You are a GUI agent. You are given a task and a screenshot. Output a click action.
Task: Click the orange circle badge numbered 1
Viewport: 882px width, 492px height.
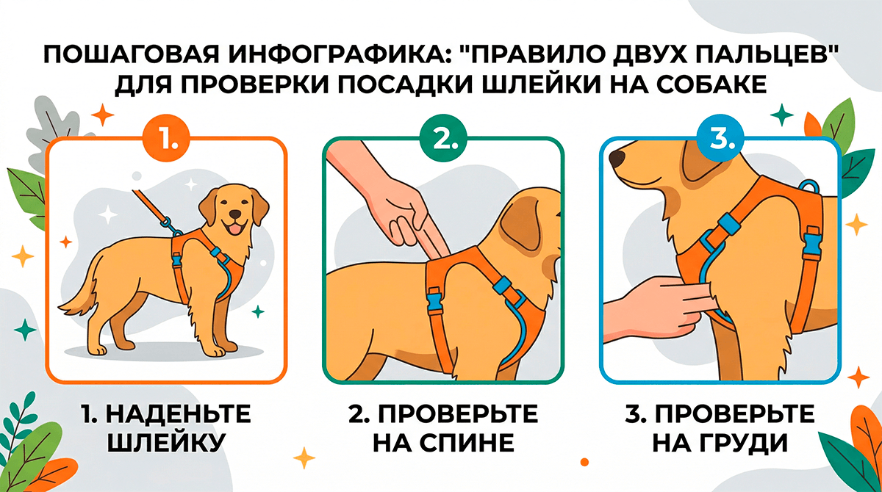pyautogui.click(x=166, y=138)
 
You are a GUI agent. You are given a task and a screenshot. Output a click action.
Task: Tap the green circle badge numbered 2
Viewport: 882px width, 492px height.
pyautogui.click(x=443, y=138)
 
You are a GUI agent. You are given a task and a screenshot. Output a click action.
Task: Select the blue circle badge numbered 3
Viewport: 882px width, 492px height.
pyautogui.click(x=720, y=138)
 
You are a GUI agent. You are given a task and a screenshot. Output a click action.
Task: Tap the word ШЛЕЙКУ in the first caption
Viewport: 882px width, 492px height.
pyautogui.click(x=166, y=443)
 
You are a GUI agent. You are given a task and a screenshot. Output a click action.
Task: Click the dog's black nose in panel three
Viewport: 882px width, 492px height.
pyautogui.click(x=617, y=158)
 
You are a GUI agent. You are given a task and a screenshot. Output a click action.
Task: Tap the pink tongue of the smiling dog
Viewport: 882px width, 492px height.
pyautogui.click(x=234, y=229)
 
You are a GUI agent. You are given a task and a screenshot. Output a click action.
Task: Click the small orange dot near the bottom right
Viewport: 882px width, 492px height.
pyautogui.click(x=584, y=462)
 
